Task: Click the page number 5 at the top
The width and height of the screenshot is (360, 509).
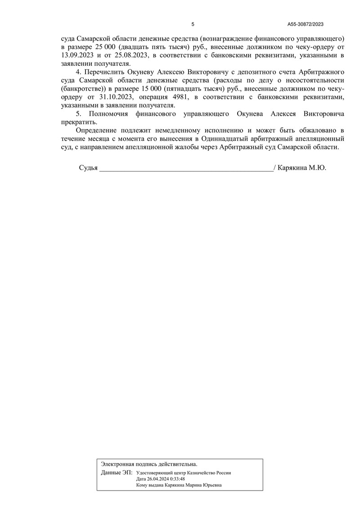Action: pos(193,24)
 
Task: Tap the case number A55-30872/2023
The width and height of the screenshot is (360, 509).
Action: pos(306,24)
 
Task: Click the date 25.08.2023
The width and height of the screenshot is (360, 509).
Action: pos(131,55)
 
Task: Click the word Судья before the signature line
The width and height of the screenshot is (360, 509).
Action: pos(88,168)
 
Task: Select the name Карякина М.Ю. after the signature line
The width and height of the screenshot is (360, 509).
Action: pos(302,168)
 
